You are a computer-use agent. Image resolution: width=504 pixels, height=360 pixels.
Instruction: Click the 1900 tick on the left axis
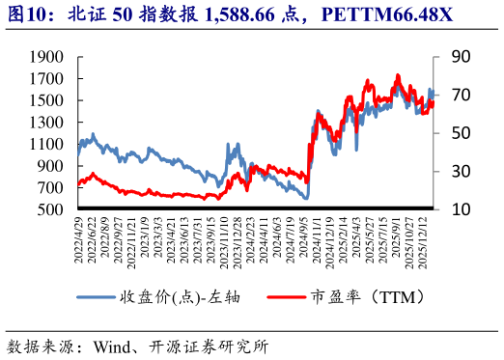[x=47, y=57]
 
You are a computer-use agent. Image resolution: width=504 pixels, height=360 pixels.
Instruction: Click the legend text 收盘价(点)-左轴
[x=179, y=296]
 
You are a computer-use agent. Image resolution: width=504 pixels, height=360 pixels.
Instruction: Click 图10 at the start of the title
[x=28, y=15]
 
